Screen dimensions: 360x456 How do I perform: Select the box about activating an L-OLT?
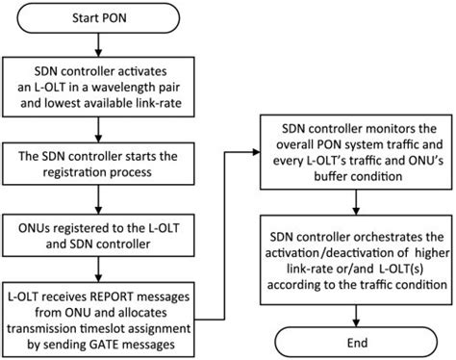click(113, 84)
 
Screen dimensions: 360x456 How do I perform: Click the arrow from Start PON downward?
click(113, 45)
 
